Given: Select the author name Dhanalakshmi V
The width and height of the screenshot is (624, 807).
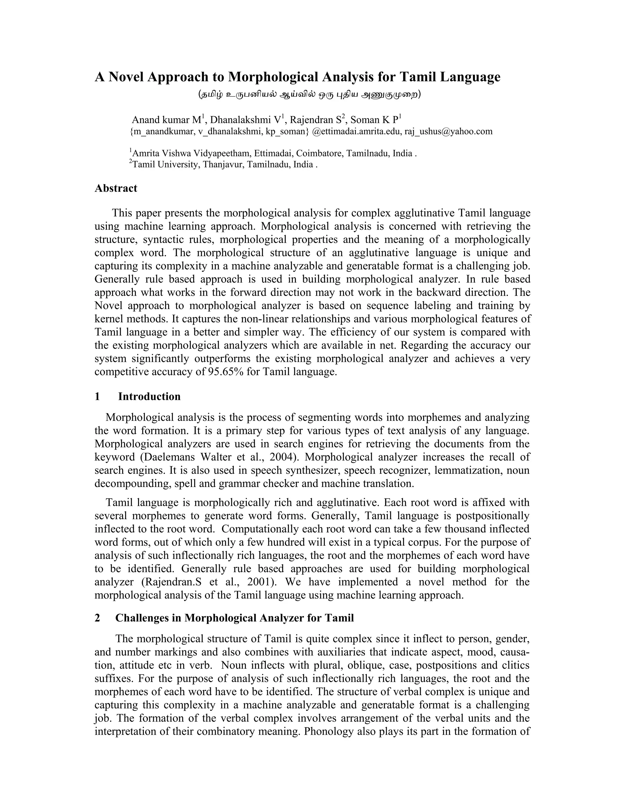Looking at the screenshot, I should [246, 120].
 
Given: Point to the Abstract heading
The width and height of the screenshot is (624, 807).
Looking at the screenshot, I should [116, 188].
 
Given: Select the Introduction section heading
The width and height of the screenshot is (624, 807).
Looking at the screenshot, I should [149, 396].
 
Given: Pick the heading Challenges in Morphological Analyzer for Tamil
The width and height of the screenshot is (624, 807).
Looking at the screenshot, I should [234, 618].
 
